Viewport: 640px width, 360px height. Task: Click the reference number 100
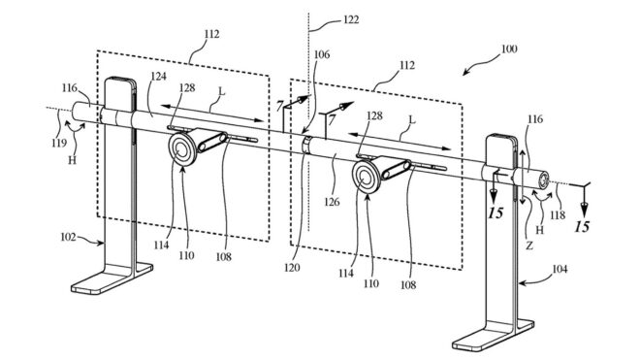[x=509, y=49]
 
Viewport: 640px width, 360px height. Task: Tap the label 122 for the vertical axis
[x=351, y=19]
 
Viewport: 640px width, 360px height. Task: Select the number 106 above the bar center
[x=322, y=54]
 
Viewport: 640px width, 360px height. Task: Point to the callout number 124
[x=159, y=76]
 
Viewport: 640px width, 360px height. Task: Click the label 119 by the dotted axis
[x=59, y=143]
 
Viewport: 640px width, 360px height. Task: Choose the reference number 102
[x=68, y=237]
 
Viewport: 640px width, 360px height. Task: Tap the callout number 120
[x=292, y=268]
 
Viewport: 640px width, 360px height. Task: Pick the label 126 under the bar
[x=332, y=202]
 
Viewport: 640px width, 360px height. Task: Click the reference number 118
[x=558, y=215]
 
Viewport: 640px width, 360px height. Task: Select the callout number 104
[x=560, y=269]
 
